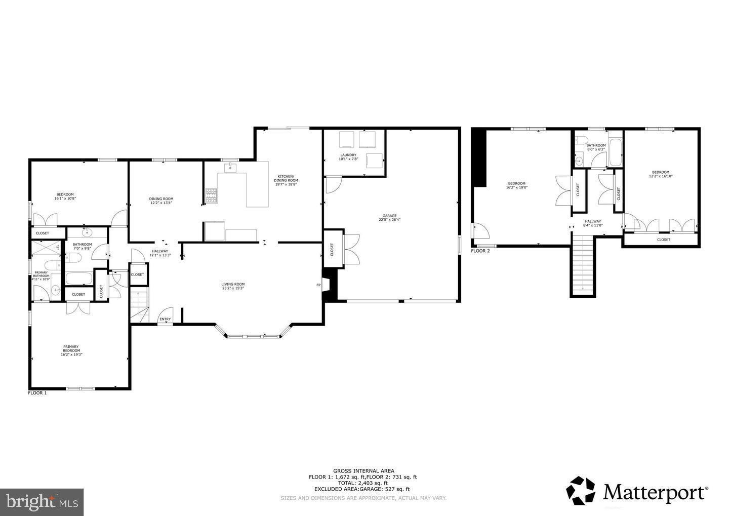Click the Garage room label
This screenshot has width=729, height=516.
(389, 218)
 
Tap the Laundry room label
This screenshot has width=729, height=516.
(348, 157)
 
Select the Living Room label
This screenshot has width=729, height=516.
(233, 286)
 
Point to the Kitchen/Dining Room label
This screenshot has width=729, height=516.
(286, 180)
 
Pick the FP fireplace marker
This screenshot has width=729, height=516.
(318, 285)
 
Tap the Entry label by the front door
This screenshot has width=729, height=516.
(165, 319)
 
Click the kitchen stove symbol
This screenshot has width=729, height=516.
(211, 195)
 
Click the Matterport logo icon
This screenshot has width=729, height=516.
(581, 491)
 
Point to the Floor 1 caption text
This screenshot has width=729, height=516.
(37, 393)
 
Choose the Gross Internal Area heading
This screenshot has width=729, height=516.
(363, 470)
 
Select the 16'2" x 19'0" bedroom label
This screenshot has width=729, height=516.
(516, 185)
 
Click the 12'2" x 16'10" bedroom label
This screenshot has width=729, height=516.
(661, 174)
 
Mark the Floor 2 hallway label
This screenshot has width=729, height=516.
(593, 223)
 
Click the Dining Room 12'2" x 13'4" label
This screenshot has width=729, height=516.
(161, 201)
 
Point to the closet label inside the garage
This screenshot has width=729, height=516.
(332, 250)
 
